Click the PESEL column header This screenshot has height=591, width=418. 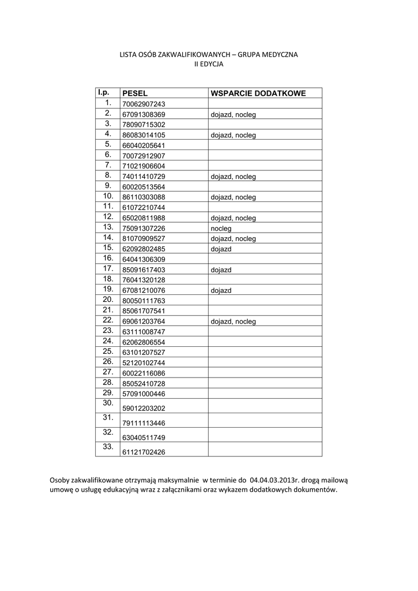134,93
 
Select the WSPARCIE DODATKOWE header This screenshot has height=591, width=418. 258,93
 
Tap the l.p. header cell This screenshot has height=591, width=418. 103,92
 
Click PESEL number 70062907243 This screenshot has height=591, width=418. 144,104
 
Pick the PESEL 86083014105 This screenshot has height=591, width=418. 144,135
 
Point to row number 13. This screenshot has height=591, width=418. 107,227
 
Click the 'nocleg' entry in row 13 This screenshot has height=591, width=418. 221,229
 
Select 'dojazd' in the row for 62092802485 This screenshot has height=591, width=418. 221,249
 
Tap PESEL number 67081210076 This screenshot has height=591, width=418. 144,290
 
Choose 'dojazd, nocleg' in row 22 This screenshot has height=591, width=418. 233,321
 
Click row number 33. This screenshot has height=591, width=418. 107,447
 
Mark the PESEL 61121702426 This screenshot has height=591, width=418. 144,452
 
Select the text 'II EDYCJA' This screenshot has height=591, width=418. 208,65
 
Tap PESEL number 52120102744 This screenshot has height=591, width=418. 144,363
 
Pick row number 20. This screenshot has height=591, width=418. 107,300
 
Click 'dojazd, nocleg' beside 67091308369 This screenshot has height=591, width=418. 233,115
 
